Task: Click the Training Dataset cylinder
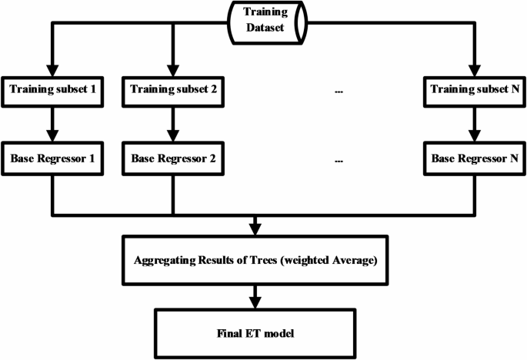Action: point(264,19)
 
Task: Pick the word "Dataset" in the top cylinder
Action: point(264,26)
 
